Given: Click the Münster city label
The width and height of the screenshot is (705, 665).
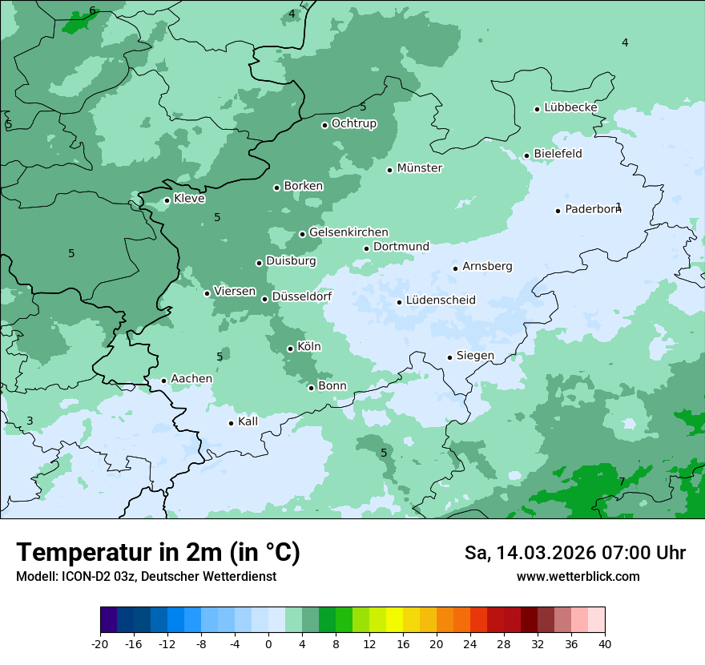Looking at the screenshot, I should [420, 168].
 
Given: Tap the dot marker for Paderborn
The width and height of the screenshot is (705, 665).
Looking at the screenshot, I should [558, 211].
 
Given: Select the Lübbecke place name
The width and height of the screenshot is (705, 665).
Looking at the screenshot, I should [570, 107].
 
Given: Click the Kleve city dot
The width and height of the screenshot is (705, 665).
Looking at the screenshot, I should [167, 200].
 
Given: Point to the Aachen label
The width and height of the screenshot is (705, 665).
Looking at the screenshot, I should [191, 379].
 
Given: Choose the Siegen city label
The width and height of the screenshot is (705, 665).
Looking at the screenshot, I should [475, 356].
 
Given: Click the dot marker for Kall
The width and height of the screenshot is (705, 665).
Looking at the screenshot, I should [231, 423].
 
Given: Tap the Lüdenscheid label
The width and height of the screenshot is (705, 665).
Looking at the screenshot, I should [441, 300].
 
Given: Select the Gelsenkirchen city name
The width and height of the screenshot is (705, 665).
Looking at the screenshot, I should [348, 232].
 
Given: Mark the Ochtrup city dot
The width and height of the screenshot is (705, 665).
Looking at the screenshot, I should [324, 125].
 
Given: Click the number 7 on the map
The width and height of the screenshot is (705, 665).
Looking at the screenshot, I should [622, 482].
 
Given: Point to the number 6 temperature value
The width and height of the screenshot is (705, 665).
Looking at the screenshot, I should [92, 10].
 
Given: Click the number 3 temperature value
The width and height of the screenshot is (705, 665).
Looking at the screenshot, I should [30, 421].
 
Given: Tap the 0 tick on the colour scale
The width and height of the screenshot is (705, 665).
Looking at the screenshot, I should [268, 643].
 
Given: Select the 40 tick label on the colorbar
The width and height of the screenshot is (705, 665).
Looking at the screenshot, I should [605, 643].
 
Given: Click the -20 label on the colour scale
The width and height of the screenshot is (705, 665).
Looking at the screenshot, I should [100, 643].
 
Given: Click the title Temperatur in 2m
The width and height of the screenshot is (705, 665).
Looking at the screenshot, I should [159, 553].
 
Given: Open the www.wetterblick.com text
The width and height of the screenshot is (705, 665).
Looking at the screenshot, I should [578, 577].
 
